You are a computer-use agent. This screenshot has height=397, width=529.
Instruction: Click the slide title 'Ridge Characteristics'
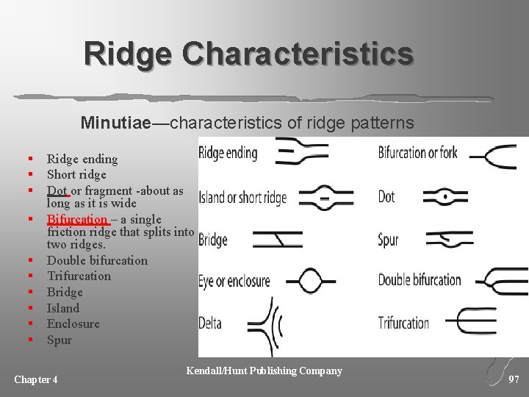pos(248,54)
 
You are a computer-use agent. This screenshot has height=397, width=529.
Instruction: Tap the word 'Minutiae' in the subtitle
pos(116,121)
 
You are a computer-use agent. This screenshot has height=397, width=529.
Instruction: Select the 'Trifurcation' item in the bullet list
pos(79,276)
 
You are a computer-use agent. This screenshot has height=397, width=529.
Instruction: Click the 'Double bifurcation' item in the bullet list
pos(97,260)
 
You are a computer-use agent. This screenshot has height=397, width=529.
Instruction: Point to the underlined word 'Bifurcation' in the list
pos(77,219)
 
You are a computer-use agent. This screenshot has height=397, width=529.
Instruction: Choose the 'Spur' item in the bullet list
pos(60,340)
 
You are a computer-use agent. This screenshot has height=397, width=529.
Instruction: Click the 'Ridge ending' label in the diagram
pos(228,153)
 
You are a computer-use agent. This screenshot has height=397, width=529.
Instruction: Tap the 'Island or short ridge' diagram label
pos(242,198)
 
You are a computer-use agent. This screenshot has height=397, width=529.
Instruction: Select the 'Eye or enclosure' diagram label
pos(234,281)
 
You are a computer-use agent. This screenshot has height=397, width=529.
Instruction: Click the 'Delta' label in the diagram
pos(210,322)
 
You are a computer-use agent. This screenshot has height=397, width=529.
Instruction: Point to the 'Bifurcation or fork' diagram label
pos(417,153)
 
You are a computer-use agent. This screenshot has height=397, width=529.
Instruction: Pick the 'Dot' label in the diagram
pos(386,196)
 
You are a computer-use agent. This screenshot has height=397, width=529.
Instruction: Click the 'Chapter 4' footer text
pos(36,379)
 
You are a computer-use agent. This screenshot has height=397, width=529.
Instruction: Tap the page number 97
pos(514,379)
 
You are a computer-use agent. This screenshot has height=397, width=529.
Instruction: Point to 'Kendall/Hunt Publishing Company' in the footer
pos(264,371)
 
